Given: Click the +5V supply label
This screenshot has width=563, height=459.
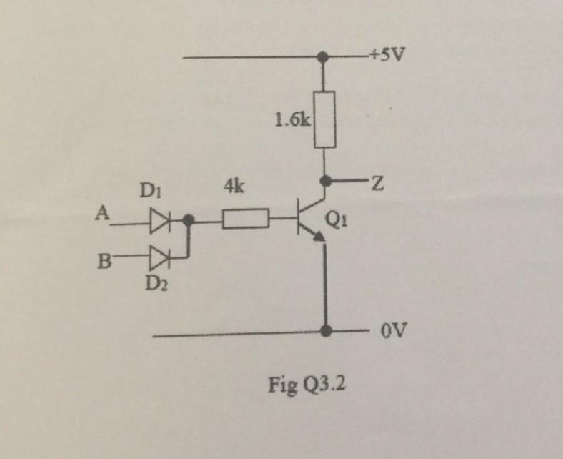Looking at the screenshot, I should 387,55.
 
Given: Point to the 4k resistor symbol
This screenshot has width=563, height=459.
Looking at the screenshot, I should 246,219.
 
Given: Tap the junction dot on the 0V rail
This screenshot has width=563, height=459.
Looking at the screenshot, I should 326,330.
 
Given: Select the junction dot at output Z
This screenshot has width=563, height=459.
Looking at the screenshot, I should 326,182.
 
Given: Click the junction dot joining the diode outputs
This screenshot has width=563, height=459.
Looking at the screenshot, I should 189,221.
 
